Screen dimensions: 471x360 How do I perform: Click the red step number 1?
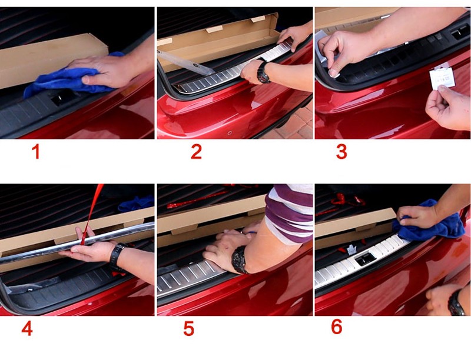[36, 152]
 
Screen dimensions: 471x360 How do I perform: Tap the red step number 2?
[196, 152]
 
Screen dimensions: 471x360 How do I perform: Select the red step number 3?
[341, 152]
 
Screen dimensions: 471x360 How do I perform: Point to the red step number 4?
[27, 328]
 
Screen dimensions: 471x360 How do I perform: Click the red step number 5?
[188, 328]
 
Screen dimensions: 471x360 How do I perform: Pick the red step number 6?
[337, 326]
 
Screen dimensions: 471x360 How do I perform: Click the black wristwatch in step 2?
[263, 72]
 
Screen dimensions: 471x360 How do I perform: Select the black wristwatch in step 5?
[240, 259]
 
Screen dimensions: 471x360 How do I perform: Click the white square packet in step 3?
[442, 78]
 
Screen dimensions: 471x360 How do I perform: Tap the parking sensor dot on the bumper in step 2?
[230, 133]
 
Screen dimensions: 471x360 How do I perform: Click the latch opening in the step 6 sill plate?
[365, 259]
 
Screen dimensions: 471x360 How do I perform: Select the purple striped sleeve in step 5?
[288, 213]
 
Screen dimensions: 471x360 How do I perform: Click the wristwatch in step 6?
[456, 303]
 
